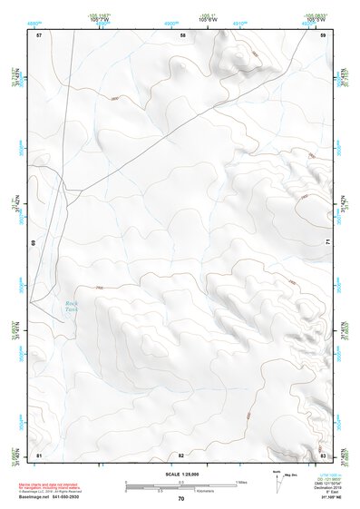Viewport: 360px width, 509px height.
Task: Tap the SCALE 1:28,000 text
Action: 180,475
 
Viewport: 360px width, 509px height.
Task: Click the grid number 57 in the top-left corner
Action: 39,34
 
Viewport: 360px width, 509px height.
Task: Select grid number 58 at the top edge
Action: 182,34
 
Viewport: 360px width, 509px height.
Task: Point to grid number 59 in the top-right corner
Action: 323,34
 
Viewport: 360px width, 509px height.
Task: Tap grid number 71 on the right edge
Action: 326,240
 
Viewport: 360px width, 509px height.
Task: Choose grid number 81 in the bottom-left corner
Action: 39,454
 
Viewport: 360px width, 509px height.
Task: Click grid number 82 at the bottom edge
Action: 181,454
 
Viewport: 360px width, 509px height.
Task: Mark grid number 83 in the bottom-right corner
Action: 323,454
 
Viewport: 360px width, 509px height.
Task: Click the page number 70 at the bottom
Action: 180,498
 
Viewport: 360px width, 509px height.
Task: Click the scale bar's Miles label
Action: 240,481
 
